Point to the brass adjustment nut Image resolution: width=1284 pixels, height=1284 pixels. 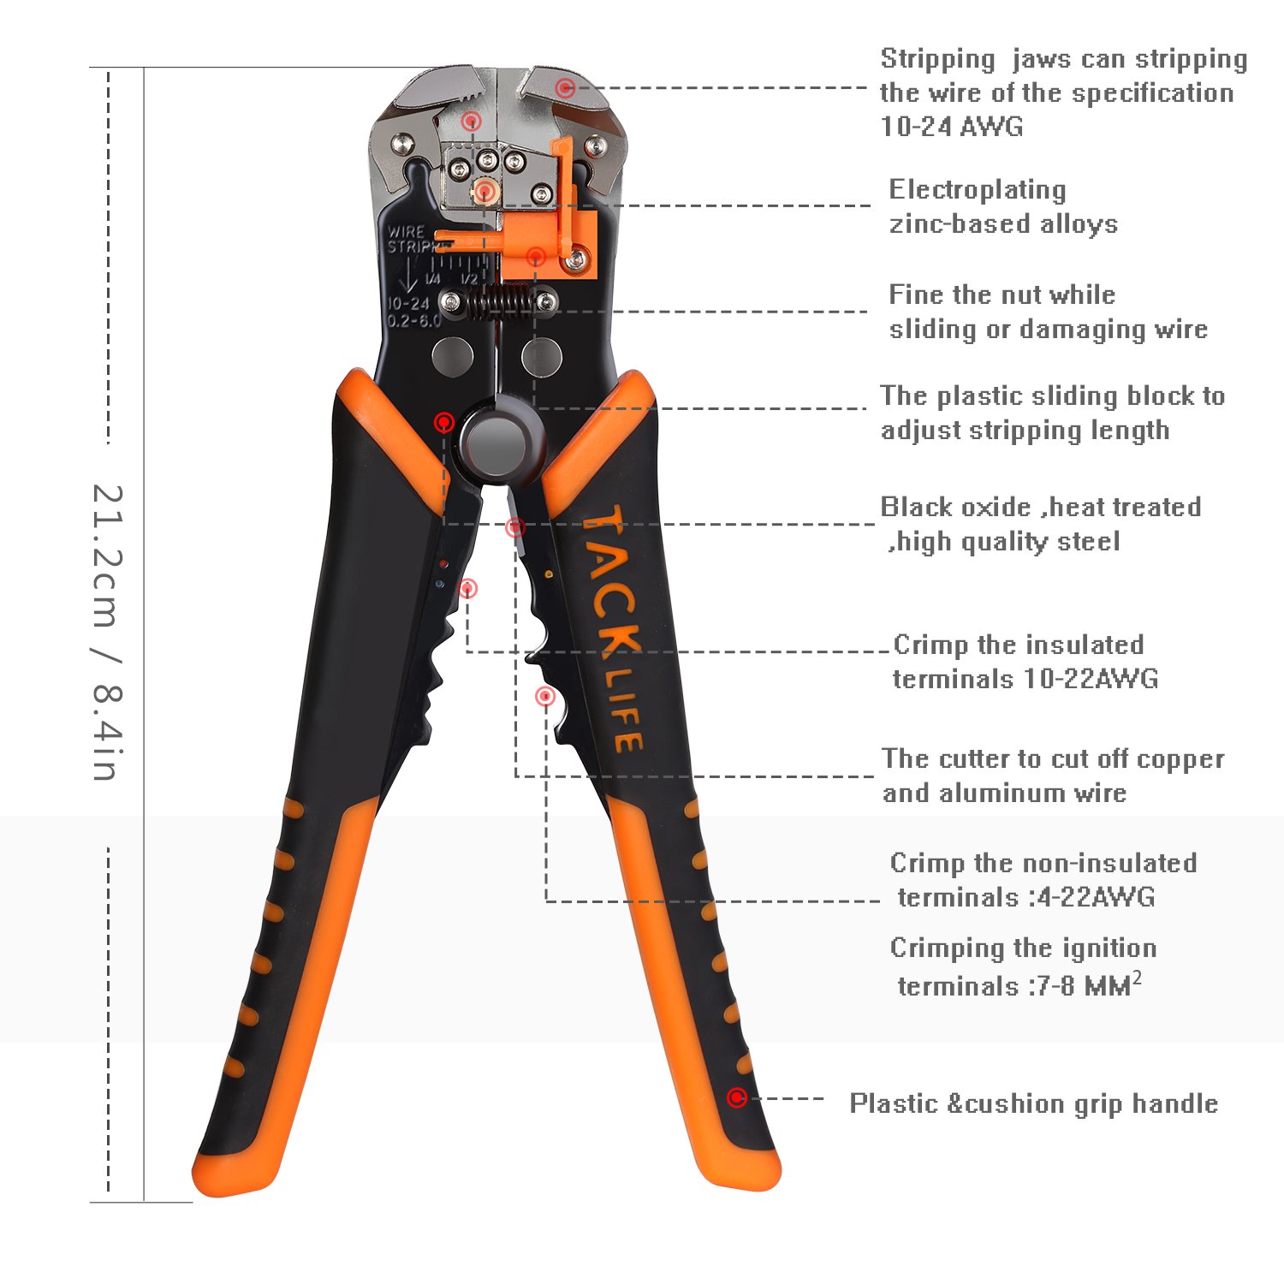click(484, 191)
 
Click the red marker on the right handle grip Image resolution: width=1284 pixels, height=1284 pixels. click(736, 1097)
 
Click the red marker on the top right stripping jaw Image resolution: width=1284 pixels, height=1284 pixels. click(564, 87)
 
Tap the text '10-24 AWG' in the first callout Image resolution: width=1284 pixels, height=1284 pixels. click(952, 127)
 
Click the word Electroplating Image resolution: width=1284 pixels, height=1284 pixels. click(977, 189)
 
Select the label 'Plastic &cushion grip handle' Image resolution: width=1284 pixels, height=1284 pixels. click(1033, 1103)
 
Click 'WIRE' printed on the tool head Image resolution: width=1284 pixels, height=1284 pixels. click(406, 232)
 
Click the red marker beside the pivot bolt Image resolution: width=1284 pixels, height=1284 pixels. click(443, 422)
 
